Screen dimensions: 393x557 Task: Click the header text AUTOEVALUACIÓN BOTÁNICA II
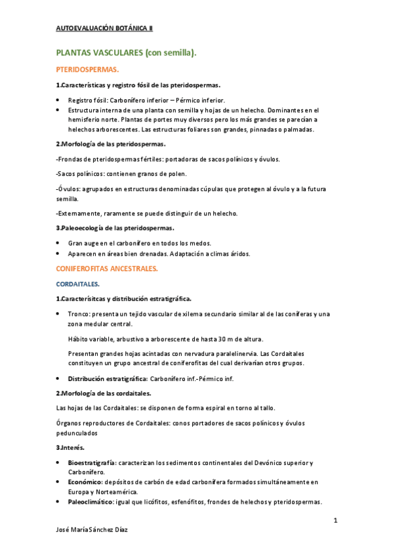point(104,28)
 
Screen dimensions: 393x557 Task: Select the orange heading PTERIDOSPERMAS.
point(87,69)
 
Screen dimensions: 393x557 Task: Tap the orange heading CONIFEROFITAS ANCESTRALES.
point(107,269)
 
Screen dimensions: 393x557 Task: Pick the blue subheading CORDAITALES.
point(77,284)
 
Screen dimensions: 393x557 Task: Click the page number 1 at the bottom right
point(335,521)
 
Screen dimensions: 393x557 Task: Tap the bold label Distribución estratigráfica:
point(108,379)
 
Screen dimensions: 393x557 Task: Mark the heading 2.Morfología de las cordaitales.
point(104,393)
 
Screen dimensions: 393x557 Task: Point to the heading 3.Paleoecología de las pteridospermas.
point(115,228)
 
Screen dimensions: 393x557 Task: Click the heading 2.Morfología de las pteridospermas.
point(111,143)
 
